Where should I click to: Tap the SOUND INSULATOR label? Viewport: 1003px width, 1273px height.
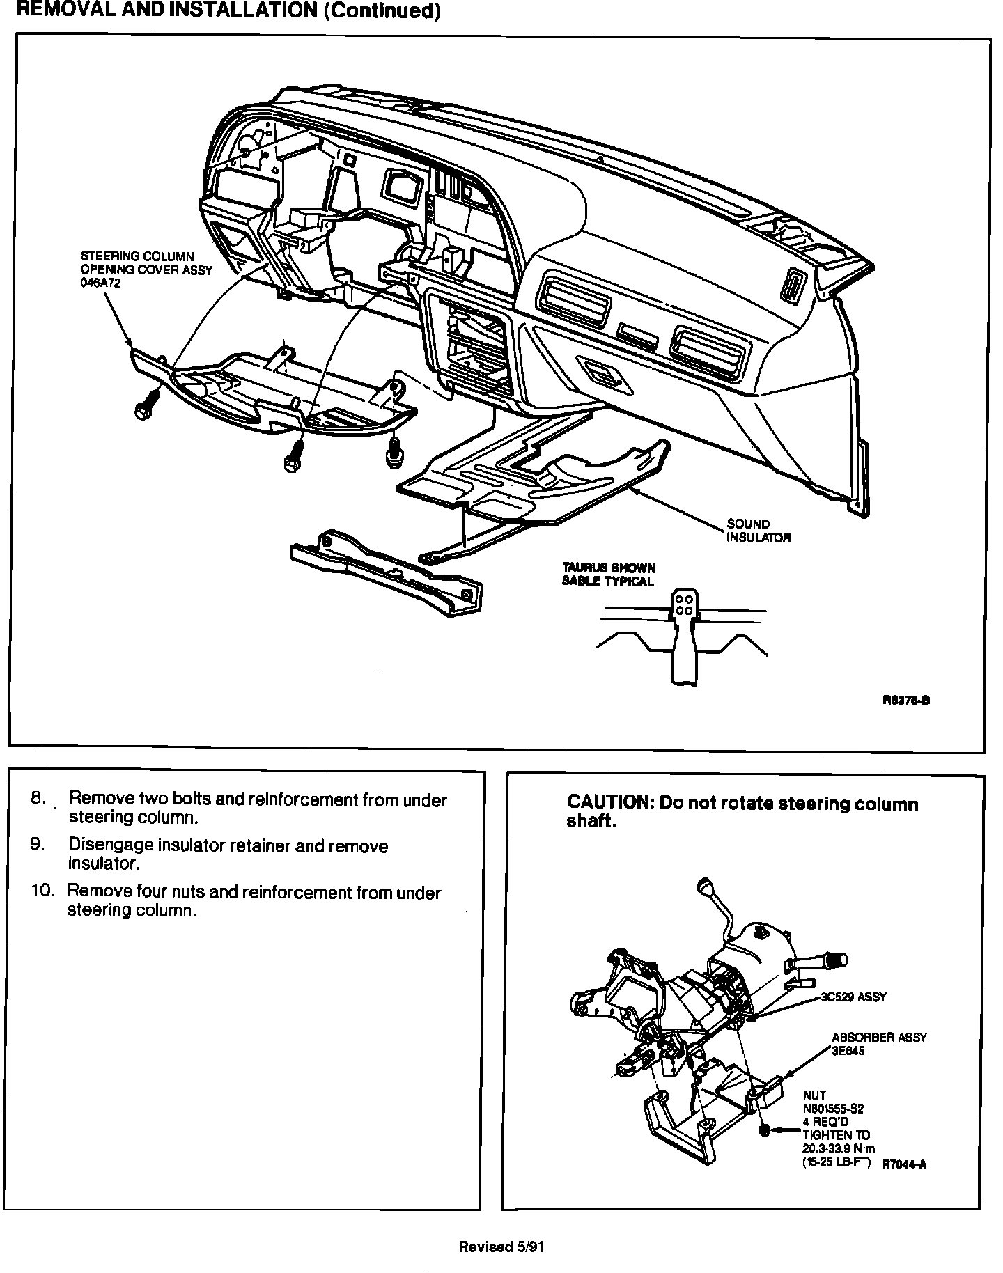point(759,531)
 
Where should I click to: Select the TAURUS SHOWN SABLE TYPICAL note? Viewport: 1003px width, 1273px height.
point(609,575)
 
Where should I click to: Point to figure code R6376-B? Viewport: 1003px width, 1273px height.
point(905,701)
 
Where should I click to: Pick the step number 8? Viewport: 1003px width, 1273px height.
point(38,798)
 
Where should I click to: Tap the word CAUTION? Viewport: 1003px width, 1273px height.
point(608,804)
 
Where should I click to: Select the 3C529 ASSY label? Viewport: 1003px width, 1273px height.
point(854,997)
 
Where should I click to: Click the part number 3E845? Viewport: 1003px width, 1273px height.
point(848,1051)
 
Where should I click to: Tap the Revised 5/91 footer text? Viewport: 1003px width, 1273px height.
point(501,1247)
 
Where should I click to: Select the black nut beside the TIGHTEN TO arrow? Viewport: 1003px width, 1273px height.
point(765,1132)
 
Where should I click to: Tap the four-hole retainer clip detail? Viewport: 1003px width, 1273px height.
point(683,604)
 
